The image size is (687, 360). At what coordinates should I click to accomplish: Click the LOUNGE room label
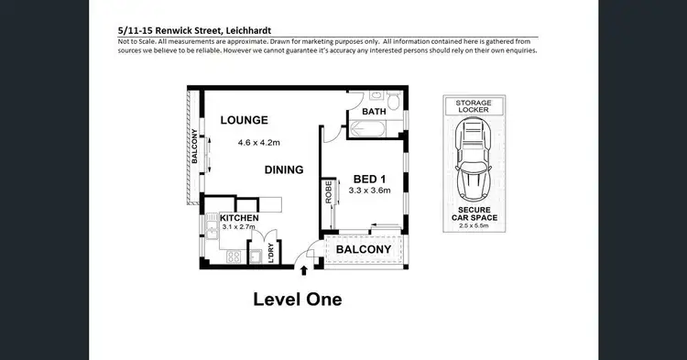[243, 120]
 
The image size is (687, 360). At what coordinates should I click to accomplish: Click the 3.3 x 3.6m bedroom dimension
[369, 191]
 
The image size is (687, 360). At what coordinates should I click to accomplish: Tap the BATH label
[374, 112]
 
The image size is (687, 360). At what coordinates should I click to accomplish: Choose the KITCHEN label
[240, 217]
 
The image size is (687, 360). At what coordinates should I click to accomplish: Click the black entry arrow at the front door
[305, 270]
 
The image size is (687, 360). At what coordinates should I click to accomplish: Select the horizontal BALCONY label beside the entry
[363, 250]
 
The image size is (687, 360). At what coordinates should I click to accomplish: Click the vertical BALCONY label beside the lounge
[194, 147]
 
